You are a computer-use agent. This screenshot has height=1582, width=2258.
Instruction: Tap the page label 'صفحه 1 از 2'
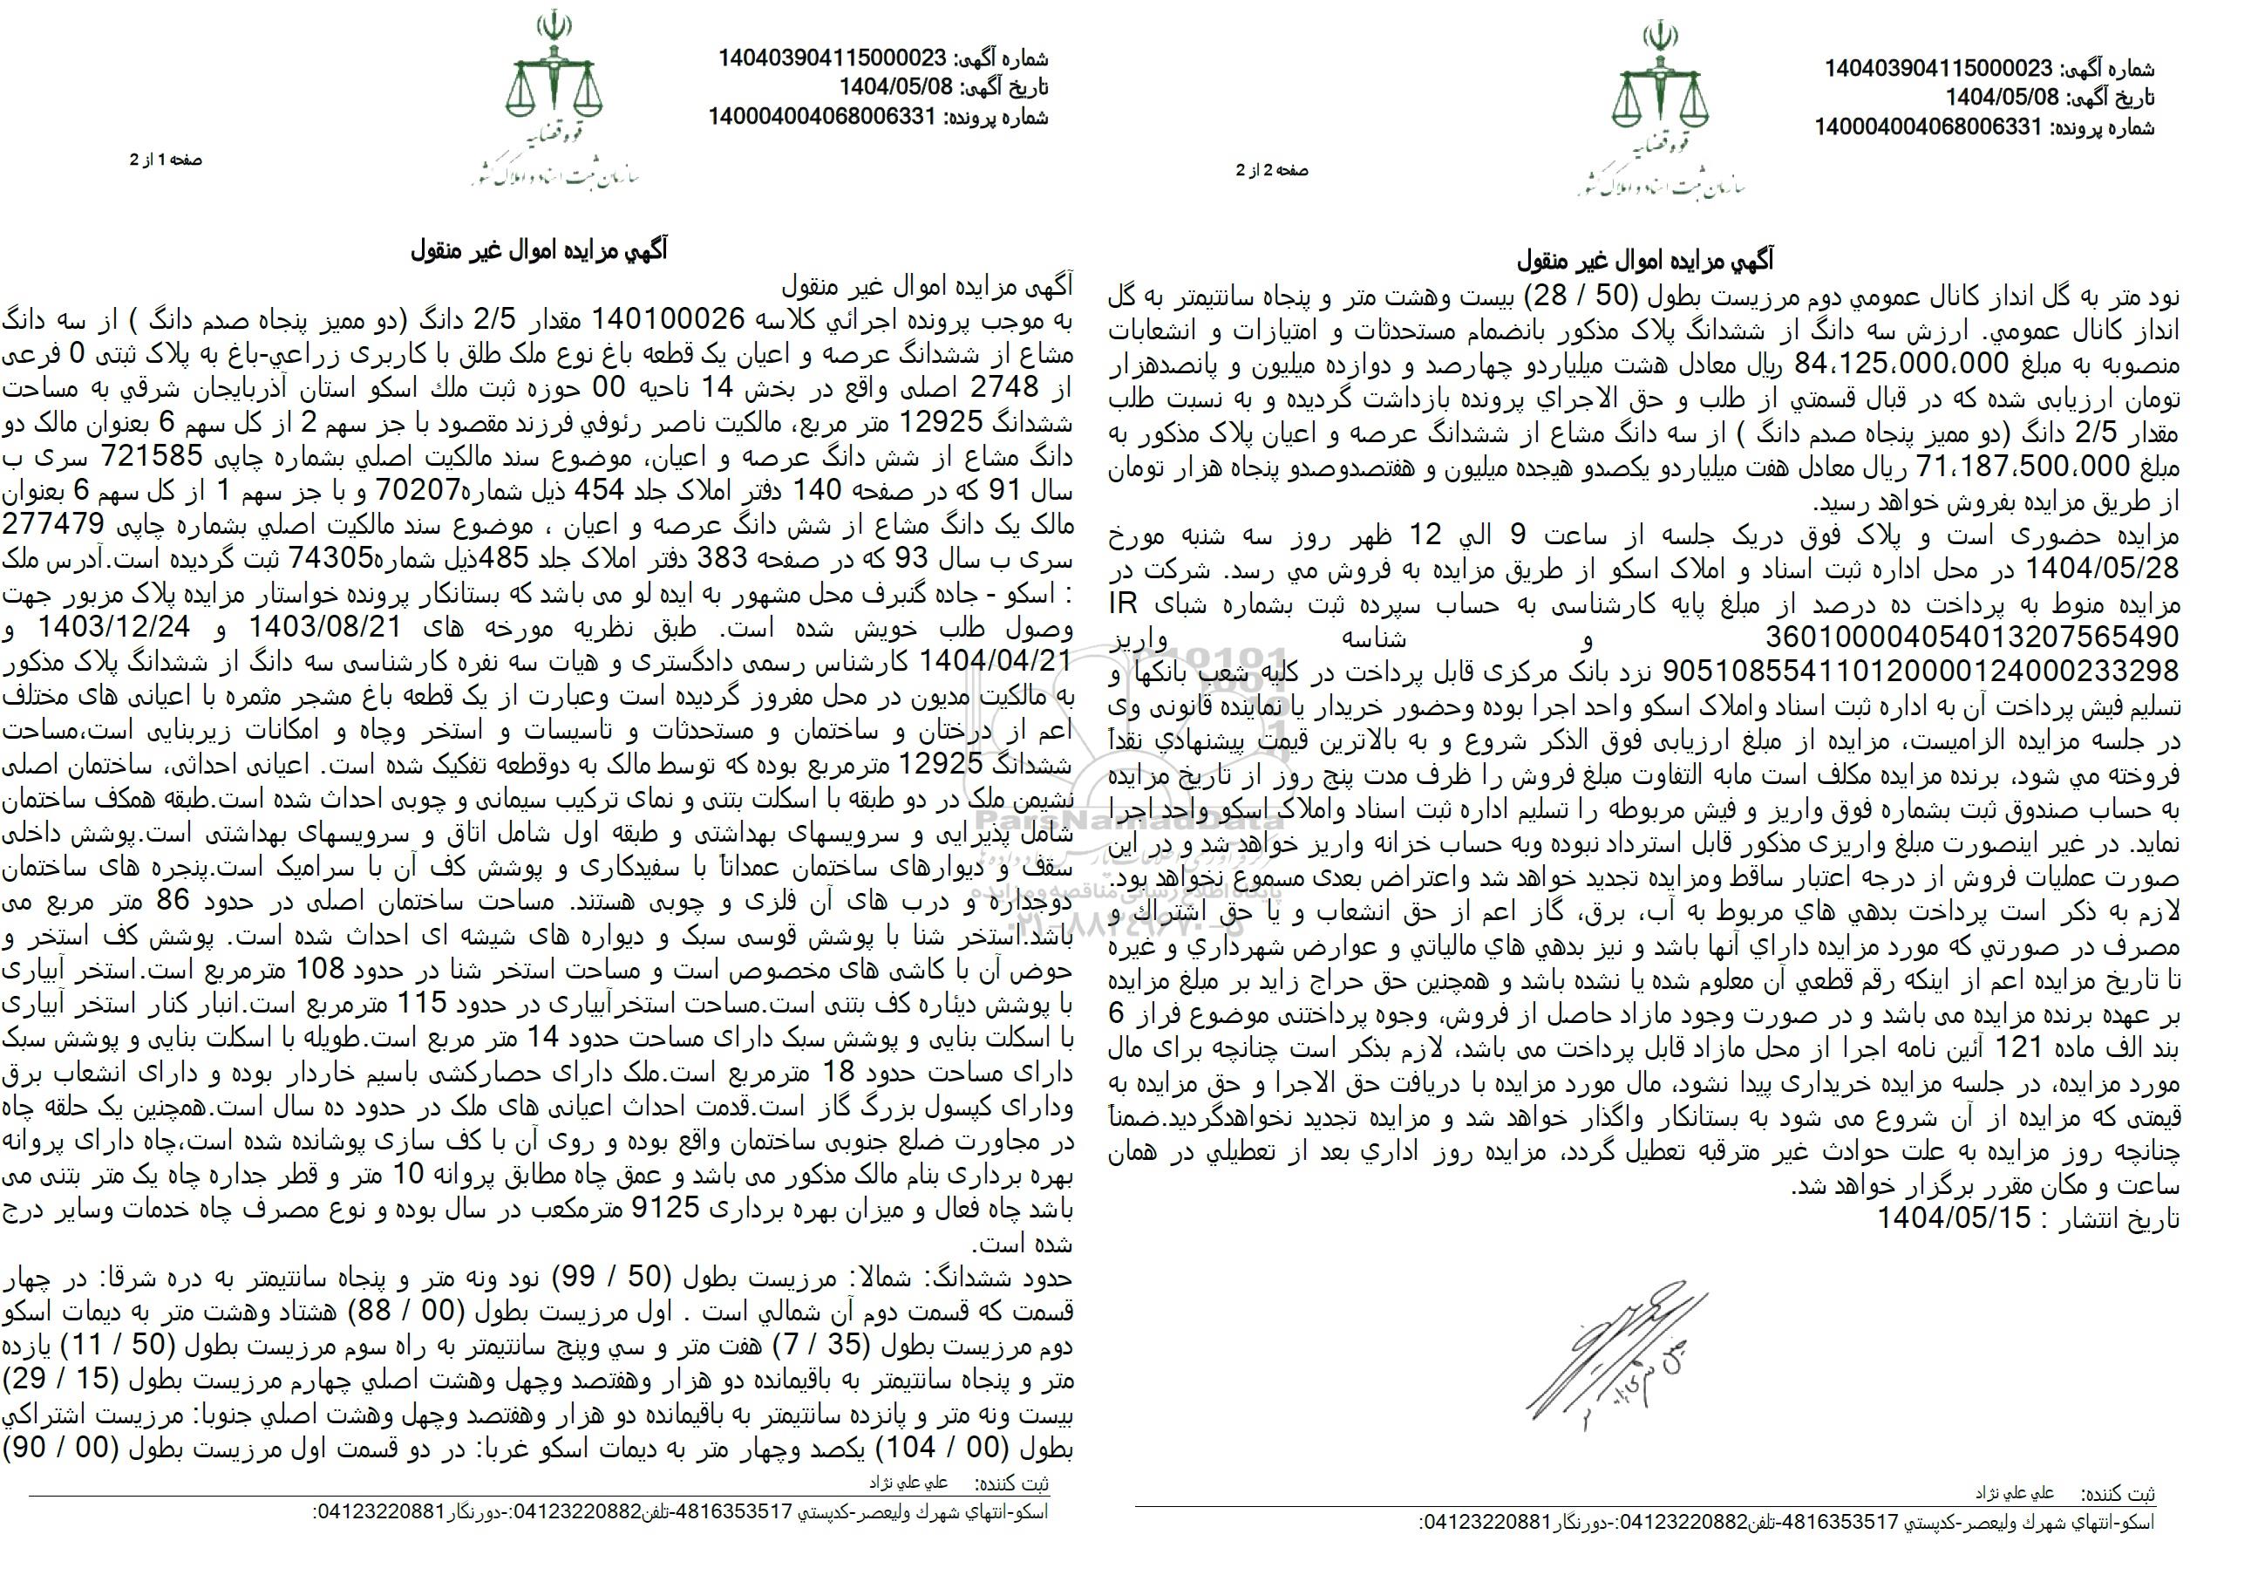(166, 160)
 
